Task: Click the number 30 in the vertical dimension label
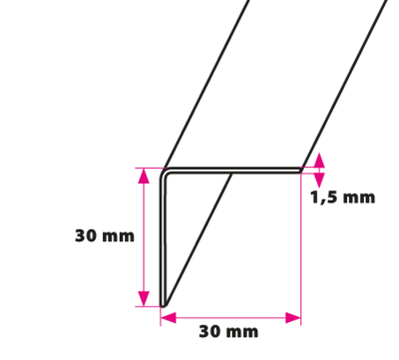(86, 235)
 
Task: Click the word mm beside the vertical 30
(118, 237)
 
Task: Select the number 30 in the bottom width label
(209, 331)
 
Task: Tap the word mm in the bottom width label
(241, 333)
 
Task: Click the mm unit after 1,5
(359, 198)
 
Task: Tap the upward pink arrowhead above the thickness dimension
(319, 161)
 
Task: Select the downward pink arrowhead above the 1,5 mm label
(319, 180)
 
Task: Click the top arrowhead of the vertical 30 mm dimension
(144, 177)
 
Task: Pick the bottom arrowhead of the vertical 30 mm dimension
(144, 298)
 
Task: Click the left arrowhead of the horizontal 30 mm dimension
(169, 318)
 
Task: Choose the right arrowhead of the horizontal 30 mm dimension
(293, 318)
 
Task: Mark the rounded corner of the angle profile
(163, 173)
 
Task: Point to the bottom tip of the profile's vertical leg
(163, 306)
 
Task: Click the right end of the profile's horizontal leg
(302, 171)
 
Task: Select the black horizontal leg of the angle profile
(232, 171)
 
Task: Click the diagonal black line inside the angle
(199, 237)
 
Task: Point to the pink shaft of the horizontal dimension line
(230, 318)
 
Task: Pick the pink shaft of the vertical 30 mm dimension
(144, 237)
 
